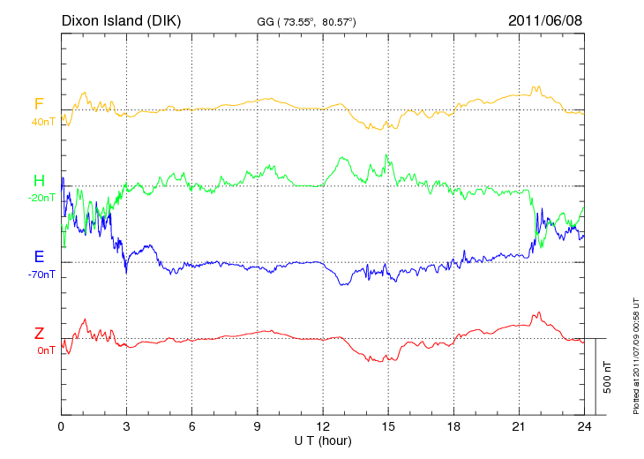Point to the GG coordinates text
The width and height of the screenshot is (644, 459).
coord(305,21)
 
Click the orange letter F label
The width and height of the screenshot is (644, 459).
coord(39,105)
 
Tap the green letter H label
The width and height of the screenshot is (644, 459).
coord(39,182)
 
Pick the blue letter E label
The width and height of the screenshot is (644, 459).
coord(39,258)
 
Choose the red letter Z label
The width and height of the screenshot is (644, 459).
coord(39,334)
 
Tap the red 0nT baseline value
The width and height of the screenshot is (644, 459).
coord(46,350)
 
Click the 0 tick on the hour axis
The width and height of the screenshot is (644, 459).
coord(61,426)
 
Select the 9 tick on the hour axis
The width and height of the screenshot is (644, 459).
coord(258,426)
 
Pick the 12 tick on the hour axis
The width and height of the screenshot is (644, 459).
coord(323,426)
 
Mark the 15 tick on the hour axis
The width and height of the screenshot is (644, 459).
coord(388,426)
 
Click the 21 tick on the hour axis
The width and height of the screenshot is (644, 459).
coord(519,426)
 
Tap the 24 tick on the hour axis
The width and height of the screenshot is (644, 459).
coord(584,426)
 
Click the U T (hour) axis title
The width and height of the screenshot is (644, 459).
coord(323,440)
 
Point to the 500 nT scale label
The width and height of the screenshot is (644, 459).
coord(608,376)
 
